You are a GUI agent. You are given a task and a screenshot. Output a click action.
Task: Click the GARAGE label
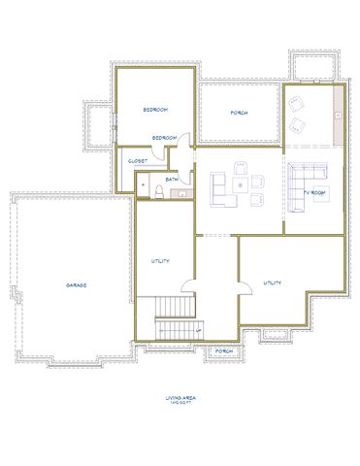[x=77, y=285]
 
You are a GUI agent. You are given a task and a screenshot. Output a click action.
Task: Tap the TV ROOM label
[x=315, y=193]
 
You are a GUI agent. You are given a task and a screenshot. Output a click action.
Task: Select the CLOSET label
[x=137, y=161]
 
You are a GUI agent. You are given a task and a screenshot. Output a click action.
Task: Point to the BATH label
[x=171, y=179]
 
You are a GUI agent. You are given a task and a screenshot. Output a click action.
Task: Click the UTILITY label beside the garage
[x=161, y=261]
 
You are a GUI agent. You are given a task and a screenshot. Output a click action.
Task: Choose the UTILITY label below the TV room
[x=273, y=283]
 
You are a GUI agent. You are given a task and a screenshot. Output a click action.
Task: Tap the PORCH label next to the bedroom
[x=239, y=113]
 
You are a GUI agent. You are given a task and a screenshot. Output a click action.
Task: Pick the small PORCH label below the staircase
[x=223, y=350]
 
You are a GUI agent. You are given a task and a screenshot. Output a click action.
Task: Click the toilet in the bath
[x=154, y=187]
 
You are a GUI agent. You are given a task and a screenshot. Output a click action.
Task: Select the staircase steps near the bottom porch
[x=176, y=316]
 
